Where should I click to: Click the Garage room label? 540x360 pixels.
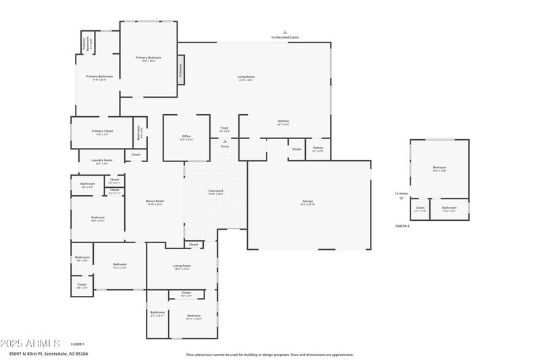[308, 202]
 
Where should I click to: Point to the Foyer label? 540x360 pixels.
[225, 128]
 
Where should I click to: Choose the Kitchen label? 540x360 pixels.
[283, 122]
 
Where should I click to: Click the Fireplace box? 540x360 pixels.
[180, 70]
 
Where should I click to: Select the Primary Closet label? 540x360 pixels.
[103, 132]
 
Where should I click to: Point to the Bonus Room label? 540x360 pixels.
[155, 202]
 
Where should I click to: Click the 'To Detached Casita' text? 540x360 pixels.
[285, 37]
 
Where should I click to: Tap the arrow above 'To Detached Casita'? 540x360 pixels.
[285, 32]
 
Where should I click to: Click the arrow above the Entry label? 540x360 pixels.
[225, 141]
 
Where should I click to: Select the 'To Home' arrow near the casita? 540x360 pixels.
[402, 199]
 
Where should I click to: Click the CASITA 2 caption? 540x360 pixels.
[403, 226]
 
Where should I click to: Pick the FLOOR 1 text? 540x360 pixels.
[78, 344]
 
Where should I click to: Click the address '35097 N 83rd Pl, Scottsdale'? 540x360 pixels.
[47, 353]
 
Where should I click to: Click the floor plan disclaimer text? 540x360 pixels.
[269, 354]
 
